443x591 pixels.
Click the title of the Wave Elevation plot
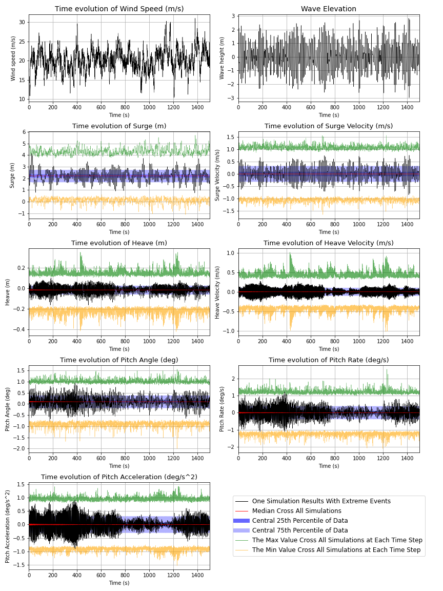coord(329,9)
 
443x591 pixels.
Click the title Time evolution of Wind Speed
coord(119,9)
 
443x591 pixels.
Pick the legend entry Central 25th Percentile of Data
coord(300,521)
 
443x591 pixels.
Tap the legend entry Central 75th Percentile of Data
coord(300,530)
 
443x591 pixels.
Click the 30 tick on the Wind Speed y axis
coord(22,23)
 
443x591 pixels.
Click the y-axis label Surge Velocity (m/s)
coord(217,175)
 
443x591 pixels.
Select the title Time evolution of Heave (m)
coord(119,243)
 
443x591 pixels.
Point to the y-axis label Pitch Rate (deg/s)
coord(222,409)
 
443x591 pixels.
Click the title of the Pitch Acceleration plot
coord(119,477)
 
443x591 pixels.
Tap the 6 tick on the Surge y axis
coord(24,132)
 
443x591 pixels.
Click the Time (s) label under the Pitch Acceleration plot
coord(119,583)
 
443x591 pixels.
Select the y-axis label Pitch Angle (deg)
coord(8,409)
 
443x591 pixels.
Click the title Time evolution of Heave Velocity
coord(329,243)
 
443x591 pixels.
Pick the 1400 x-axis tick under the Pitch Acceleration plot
coord(197,575)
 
